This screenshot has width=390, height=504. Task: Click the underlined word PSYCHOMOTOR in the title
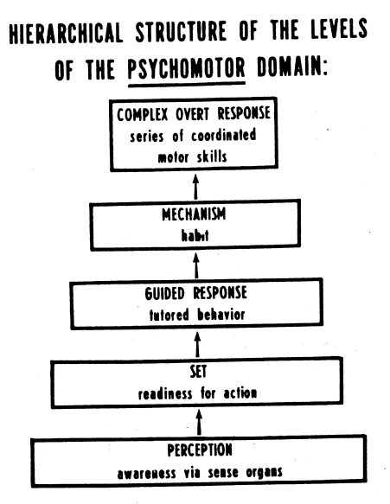pos(187,68)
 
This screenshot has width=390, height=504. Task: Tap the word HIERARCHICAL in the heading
pos(66,33)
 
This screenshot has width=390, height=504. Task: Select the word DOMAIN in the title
pos(292,67)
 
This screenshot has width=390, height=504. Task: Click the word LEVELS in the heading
pos(339,29)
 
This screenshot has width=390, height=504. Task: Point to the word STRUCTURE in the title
pos(181,31)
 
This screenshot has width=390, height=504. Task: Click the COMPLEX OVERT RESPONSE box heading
pos(194,114)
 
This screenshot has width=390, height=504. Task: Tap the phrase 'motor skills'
pos(192,157)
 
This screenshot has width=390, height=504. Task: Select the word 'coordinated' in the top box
pos(224,136)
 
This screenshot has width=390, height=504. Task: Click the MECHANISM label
pos(194,214)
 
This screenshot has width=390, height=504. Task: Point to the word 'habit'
pos(195,235)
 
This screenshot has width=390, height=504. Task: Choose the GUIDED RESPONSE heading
pos(195,293)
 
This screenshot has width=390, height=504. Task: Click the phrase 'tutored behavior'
pos(197,315)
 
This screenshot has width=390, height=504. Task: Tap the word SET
pos(198,372)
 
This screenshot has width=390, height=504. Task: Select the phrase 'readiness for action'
pos(197,393)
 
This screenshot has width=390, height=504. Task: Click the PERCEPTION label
pos(200,450)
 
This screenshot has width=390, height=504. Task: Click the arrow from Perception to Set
pos(199,422)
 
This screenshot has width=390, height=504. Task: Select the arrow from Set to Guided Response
pos(198,344)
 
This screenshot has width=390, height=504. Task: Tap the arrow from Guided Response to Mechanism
pos(196,265)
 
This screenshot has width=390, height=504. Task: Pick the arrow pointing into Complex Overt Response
pos(195,187)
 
